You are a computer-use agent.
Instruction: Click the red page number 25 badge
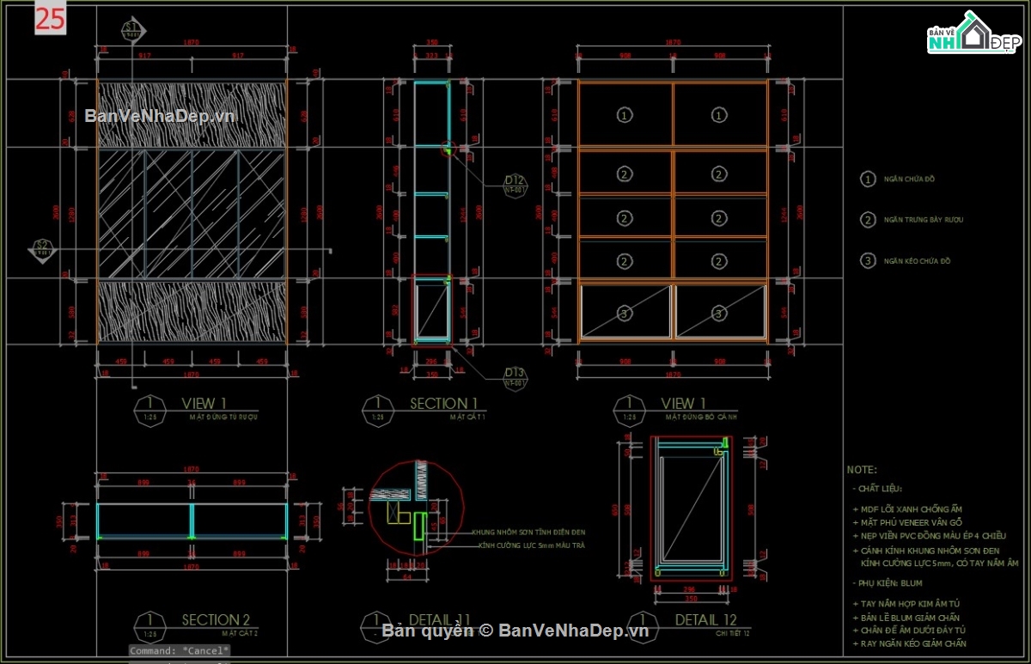click(x=50, y=19)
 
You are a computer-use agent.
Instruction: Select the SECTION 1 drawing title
click(x=443, y=403)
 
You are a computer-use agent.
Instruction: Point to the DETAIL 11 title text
click(x=439, y=619)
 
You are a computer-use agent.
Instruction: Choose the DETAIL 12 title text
click(x=705, y=619)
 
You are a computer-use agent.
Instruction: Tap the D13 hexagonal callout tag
click(x=515, y=376)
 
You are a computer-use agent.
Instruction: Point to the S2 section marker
click(x=41, y=249)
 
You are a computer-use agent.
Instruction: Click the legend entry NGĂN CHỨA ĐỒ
click(x=909, y=180)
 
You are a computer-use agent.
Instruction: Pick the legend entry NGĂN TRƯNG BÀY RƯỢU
click(x=923, y=220)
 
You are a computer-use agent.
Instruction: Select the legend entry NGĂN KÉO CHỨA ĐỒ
click(x=917, y=261)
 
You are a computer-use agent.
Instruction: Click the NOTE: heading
click(x=862, y=470)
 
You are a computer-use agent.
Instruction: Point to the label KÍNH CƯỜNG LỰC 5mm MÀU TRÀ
click(x=528, y=545)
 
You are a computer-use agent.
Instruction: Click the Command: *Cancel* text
click(x=180, y=651)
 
